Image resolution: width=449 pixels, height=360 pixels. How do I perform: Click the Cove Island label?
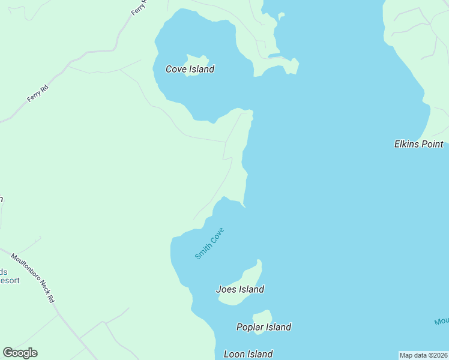point(190,69)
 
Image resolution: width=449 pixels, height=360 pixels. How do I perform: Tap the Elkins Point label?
point(418,144)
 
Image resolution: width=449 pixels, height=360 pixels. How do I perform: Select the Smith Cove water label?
point(209,243)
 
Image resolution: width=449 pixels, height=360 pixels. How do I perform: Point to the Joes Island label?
point(240,289)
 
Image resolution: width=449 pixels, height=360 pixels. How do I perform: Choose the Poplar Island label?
point(264,327)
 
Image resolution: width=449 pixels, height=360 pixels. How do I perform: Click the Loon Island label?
point(248,354)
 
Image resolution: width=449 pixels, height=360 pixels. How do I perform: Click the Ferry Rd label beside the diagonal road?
point(37,92)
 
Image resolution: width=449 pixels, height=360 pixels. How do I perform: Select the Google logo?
point(20,353)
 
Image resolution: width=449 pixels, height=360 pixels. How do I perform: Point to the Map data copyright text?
point(423,355)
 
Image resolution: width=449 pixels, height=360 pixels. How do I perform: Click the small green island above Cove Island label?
point(196,61)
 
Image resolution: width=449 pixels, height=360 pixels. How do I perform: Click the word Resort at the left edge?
point(9,280)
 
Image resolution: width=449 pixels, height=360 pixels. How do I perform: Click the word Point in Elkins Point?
point(432,144)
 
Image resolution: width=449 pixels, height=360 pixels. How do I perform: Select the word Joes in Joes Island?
point(226,289)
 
